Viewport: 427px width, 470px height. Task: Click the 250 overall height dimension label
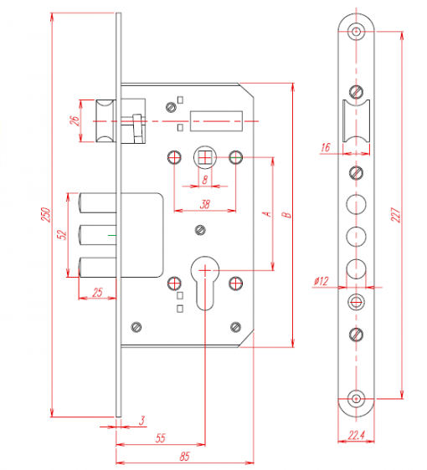(45, 214)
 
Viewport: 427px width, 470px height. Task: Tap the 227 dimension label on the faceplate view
(395, 215)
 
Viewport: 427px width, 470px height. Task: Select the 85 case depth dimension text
(184, 457)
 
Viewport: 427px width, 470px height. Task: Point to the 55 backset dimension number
(161, 438)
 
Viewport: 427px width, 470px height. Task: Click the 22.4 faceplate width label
(357, 435)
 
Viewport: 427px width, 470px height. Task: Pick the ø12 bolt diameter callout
(321, 281)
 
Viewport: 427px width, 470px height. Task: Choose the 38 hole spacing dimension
(205, 204)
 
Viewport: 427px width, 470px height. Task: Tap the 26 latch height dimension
(75, 120)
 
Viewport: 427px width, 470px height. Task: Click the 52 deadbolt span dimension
(61, 235)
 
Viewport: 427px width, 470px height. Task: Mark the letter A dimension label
(267, 214)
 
